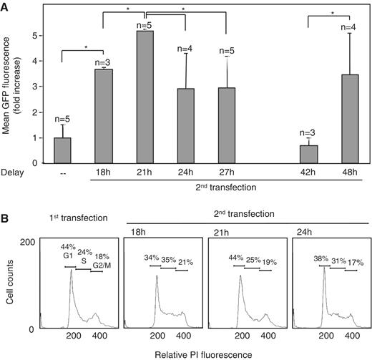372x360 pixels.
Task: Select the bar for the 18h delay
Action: click(104, 115)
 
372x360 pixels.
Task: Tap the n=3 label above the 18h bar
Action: click(104, 62)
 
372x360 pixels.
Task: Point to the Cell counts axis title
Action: click(9, 286)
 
